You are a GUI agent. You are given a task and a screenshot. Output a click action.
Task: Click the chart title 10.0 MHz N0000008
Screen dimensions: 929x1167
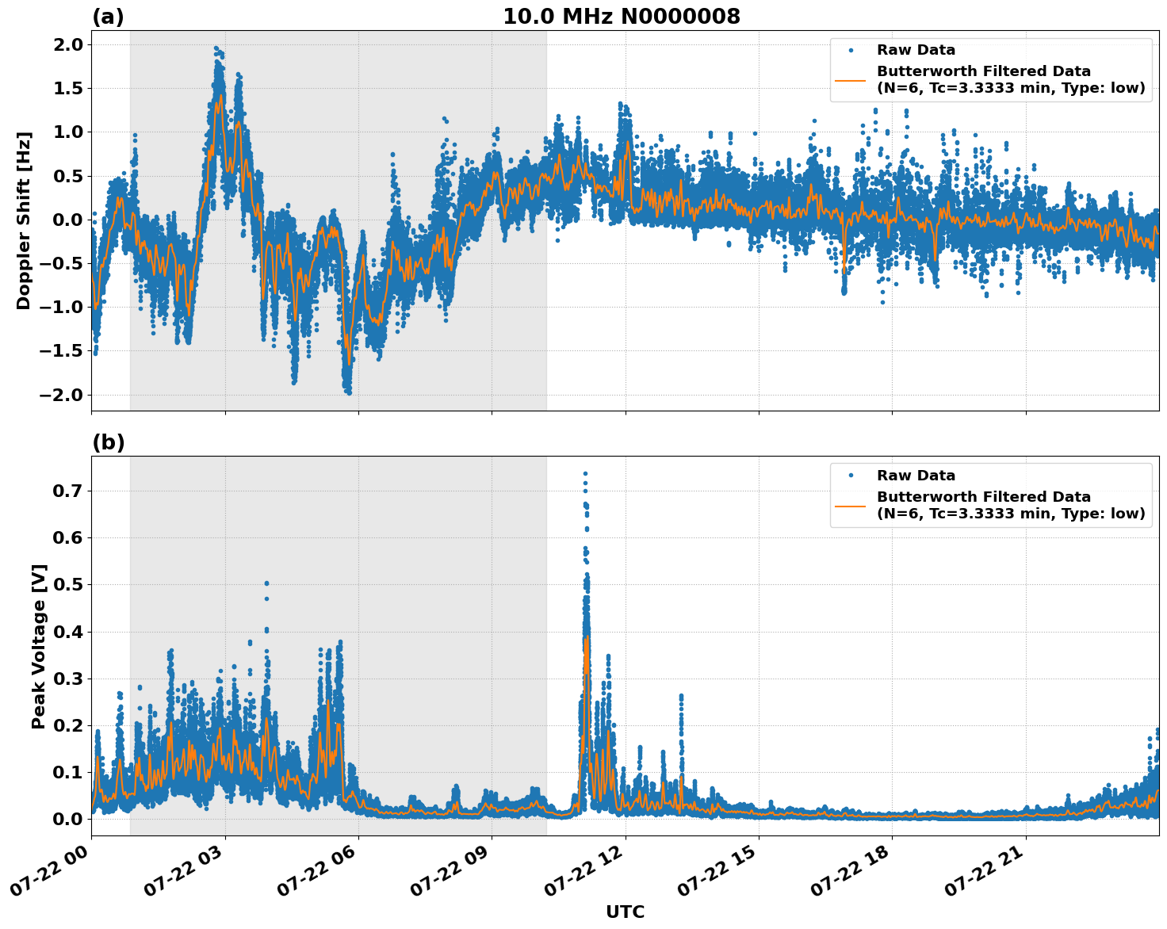tap(621, 17)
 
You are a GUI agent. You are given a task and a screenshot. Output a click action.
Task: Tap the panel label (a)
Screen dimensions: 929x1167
tap(108, 17)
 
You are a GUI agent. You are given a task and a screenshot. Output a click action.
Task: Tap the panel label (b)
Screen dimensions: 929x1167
tap(108, 442)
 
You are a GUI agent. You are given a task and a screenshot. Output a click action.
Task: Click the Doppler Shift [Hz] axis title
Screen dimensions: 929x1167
tap(24, 220)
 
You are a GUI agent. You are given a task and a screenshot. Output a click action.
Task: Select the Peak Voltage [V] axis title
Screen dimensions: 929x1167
tap(39, 646)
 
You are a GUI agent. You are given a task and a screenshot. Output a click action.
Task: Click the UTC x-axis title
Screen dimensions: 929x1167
tap(625, 912)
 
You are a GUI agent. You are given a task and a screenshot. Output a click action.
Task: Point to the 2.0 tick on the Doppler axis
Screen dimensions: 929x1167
tap(68, 44)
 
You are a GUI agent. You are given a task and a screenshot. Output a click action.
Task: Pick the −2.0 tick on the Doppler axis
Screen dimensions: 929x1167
tap(63, 395)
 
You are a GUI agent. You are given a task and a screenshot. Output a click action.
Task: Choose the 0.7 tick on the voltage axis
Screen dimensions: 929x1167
tap(68, 491)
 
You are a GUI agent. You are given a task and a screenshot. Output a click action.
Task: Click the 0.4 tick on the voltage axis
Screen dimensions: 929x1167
tap(68, 632)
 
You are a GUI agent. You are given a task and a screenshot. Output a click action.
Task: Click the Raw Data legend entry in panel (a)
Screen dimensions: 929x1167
tap(916, 50)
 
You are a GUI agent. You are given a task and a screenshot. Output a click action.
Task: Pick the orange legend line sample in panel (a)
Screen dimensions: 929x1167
tap(850, 79)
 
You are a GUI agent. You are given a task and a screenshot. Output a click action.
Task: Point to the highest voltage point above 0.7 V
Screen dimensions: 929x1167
tap(585, 474)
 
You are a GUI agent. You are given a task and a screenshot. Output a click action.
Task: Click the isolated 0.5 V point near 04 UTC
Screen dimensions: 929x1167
tap(266, 583)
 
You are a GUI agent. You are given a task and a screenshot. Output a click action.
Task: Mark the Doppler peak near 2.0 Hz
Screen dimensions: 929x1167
tap(216, 48)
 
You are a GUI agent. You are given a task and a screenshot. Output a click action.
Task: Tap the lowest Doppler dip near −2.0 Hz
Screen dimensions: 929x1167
tap(348, 392)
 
